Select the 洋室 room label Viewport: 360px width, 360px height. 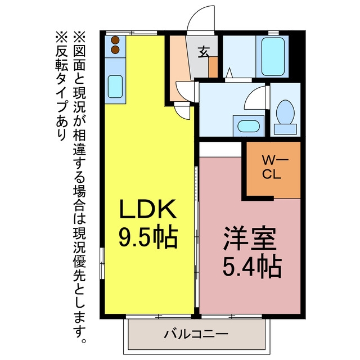[x=250, y=238]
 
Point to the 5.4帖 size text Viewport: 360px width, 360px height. [x=252, y=268]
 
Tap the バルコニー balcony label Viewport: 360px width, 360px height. [x=196, y=334]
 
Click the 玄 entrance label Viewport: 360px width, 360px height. [x=204, y=52]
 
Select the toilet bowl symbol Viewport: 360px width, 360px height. [x=285, y=112]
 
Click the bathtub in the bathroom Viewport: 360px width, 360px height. [x=273, y=56]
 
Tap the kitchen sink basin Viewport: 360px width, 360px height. [x=115, y=87]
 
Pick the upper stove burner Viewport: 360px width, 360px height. [x=115, y=40]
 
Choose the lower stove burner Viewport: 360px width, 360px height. [x=115, y=49]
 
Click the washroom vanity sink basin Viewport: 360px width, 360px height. [x=249, y=126]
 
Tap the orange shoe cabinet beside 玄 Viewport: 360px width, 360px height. [x=213, y=67]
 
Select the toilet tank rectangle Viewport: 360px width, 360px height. [x=285, y=129]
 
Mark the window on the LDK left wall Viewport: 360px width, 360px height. [x=102, y=263]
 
